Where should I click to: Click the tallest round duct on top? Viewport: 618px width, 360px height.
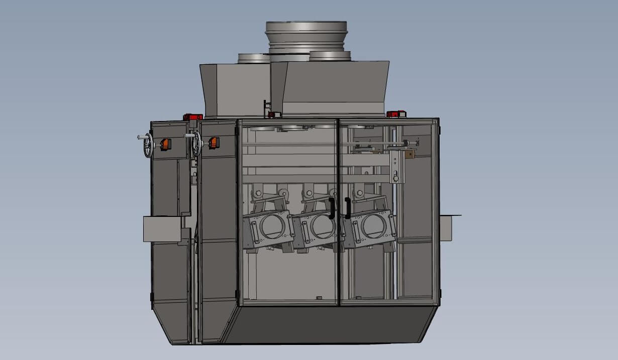pos(306,35)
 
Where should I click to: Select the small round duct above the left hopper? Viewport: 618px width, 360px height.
pos(254,58)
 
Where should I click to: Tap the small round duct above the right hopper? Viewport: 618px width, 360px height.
pos(330,56)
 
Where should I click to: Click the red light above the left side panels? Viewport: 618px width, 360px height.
pos(193,117)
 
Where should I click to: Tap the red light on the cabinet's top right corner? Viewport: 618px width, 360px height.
pos(395,114)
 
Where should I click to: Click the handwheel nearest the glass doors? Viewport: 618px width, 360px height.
pos(196,145)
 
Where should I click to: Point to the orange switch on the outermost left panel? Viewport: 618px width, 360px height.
pos(164,144)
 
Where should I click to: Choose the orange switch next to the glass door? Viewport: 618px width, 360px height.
pos(213,143)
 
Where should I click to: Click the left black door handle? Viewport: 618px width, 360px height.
pos(331,208)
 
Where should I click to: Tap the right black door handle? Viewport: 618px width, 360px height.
pos(347,208)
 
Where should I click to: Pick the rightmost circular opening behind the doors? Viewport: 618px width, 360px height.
pos(372,225)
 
